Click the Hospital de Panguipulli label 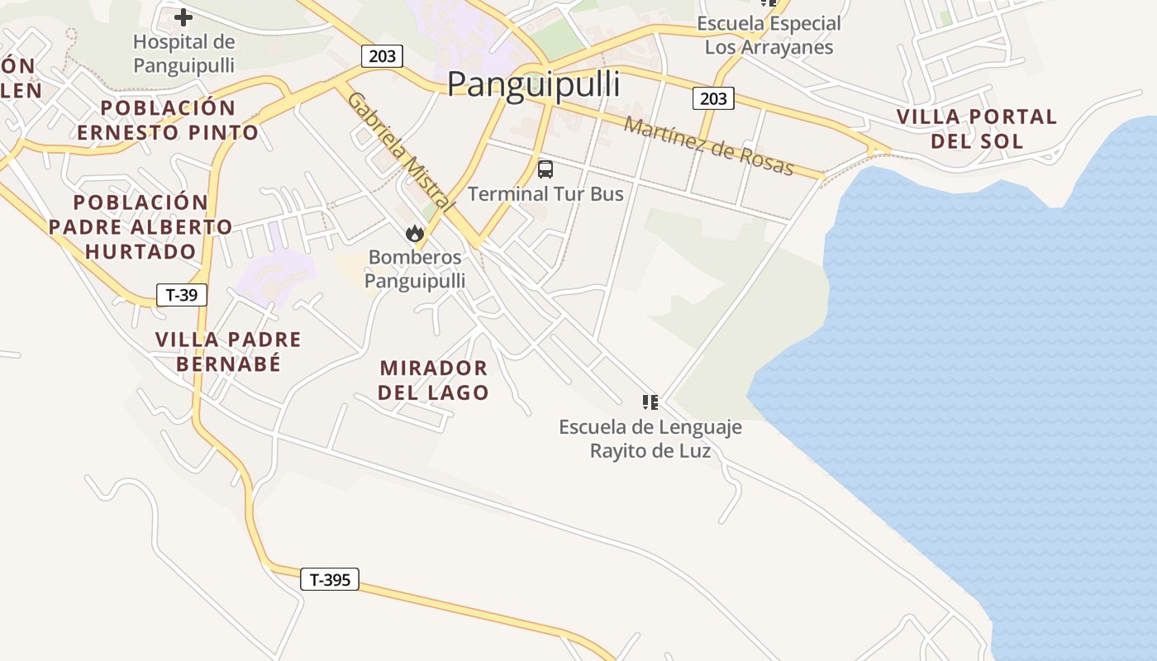point(183,53)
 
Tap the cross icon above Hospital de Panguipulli point(183,17)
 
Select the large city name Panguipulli point(533,84)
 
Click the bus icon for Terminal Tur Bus point(545,169)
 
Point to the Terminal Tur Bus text point(545,193)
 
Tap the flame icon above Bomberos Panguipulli point(415,234)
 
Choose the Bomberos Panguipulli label point(415,269)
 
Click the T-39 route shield point(181,295)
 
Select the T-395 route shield point(330,580)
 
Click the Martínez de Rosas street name point(708,146)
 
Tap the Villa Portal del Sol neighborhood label point(977,128)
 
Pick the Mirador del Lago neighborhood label point(434,380)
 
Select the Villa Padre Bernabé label point(228,351)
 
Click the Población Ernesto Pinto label point(168,120)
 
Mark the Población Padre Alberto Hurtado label point(140,226)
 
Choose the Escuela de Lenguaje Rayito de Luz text point(650,439)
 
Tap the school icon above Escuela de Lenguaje point(650,402)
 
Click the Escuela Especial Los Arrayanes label point(769,35)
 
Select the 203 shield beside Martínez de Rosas point(713,99)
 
